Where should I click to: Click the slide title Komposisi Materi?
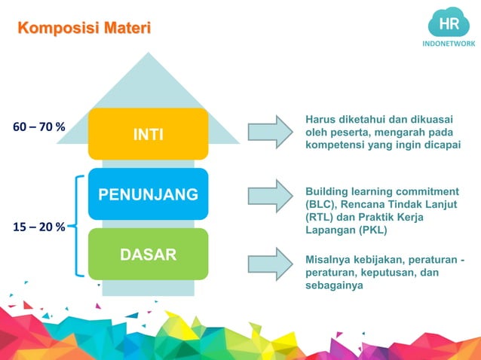pos(84,29)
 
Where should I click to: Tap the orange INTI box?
pos(148,134)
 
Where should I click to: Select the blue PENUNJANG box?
pos(148,195)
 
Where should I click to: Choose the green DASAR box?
pos(148,254)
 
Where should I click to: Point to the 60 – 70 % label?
pos(38,127)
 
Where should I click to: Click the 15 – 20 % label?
pos(38,226)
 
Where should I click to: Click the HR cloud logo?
pos(449,24)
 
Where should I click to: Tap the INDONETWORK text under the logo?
pos(449,44)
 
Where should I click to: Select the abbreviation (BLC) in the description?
pos(318,204)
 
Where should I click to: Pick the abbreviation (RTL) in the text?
pos(318,218)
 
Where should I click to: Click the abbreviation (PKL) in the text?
pos(375,230)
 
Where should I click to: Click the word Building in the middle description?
pos(327,191)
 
